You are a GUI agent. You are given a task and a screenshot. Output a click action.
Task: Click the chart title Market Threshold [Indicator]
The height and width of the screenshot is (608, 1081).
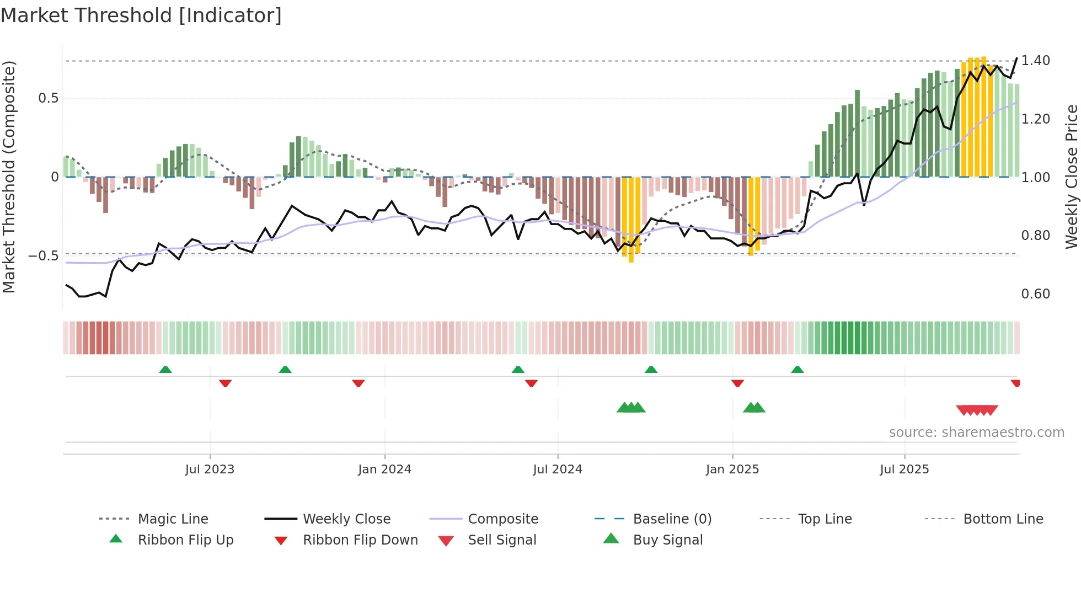point(141,15)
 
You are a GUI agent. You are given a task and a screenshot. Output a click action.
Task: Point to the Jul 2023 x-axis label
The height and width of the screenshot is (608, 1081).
point(210,470)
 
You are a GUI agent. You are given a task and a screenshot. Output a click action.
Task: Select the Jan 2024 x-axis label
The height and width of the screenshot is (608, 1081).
point(384,470)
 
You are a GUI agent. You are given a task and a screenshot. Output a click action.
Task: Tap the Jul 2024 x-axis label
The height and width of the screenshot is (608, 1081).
point(558,470)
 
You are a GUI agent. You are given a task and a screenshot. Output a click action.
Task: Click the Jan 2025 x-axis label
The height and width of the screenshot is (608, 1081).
point(732,470)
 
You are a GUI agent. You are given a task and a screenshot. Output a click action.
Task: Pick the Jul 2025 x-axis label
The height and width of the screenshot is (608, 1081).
point(905,470)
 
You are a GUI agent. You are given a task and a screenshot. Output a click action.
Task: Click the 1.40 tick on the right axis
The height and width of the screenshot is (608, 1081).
point(1035,61)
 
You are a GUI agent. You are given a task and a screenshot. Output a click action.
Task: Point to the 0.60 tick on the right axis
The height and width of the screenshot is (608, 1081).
point(1035,294)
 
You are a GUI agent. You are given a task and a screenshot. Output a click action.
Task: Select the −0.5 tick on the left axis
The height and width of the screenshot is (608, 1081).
point(44,256)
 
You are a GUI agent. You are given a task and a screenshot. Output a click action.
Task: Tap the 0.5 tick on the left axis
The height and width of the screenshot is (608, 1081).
point(48,98)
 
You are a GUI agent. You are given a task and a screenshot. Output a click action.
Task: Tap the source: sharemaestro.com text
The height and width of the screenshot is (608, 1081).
point(976,433)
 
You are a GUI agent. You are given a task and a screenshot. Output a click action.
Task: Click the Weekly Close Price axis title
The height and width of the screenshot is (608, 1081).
point(1071,177)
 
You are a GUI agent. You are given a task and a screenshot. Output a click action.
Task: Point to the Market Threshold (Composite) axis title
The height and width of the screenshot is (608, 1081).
point(9,177)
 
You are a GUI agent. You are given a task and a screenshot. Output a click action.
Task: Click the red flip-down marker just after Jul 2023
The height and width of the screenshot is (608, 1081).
point(225,383)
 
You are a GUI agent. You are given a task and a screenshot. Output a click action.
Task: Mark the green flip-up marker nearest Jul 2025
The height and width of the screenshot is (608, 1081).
point(797,370)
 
